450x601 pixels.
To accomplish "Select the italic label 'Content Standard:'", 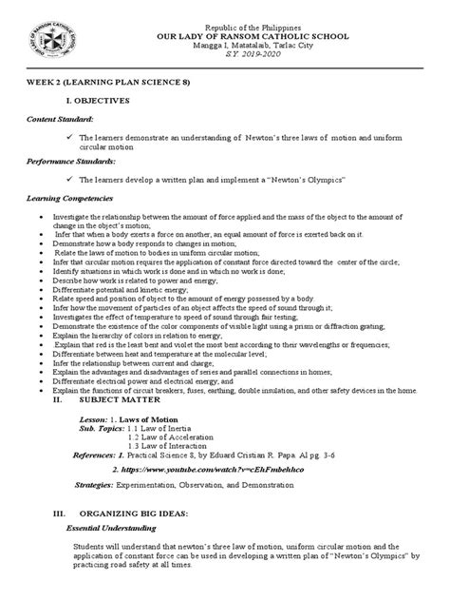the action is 58,121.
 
